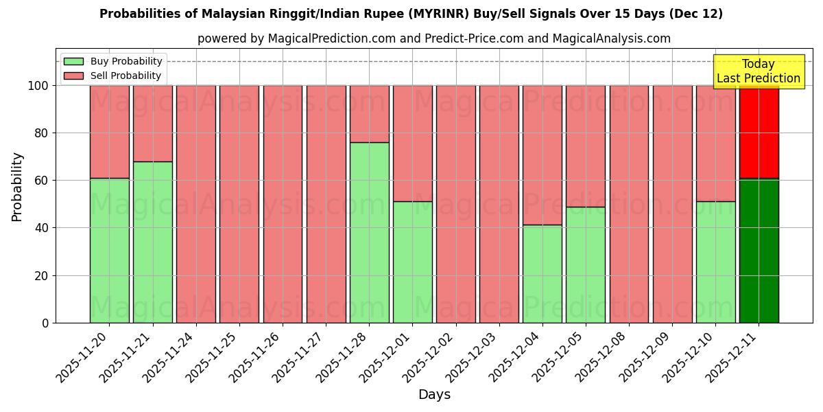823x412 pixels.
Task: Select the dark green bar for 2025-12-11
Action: tap(759, 251)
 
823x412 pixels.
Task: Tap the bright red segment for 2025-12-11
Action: tap(759, 132)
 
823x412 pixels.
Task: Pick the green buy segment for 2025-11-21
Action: tap(153, 242)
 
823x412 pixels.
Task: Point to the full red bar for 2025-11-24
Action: tap(196, 204)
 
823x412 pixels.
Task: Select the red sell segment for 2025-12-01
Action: tap(412, 143)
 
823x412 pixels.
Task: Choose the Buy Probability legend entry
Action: tap(113, 61)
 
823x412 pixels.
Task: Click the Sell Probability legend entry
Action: tap(113, 76)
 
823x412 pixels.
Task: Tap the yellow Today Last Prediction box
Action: tap(758, 71)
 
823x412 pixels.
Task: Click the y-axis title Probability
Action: tap(17, 187)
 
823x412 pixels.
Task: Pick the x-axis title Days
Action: tap(434, 395)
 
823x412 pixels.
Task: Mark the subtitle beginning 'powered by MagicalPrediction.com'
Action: tap(434, 38)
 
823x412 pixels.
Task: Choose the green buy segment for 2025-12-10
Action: tap(715, 262)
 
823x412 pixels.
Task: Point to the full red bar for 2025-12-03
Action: tap(499, 204)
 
